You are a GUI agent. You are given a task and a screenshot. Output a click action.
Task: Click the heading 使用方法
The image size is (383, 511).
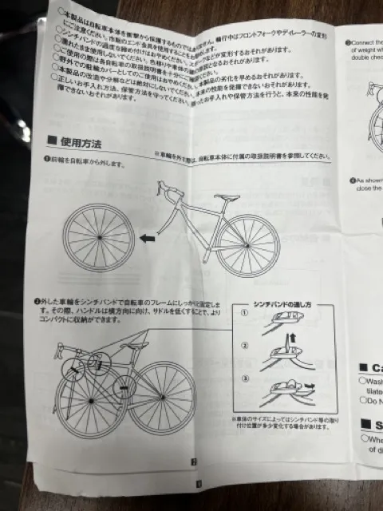(x=82, y=143)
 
